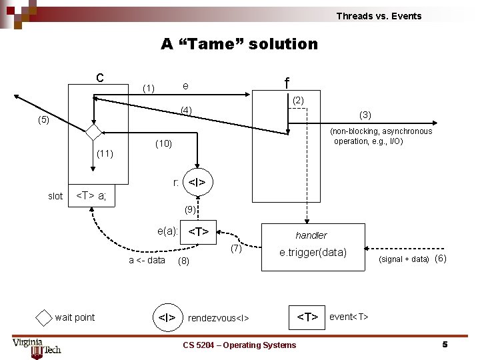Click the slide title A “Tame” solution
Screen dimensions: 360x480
[239, 44]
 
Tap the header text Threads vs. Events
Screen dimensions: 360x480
[379, 16]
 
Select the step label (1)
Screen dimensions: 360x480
[149, 88]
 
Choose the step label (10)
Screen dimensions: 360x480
[163, 143]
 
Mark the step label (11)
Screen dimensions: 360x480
[105, 154]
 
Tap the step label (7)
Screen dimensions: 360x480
[235, 249]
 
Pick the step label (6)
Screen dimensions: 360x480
[440, 259]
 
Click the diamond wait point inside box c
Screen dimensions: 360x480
[93, 131]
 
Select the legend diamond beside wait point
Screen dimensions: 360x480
[43, 317]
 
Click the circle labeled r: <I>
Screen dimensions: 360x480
[197, 182]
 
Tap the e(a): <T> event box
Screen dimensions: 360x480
[199, 232]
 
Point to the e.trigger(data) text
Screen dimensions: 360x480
[313, 253]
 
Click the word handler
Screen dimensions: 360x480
[311, 235]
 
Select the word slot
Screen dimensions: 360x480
[55, 196]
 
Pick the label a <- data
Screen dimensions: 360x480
[147, 260]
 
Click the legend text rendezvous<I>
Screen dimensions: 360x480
[219, 318]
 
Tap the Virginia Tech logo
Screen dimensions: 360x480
[37, 346]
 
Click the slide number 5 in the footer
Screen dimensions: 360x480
[445, 345]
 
